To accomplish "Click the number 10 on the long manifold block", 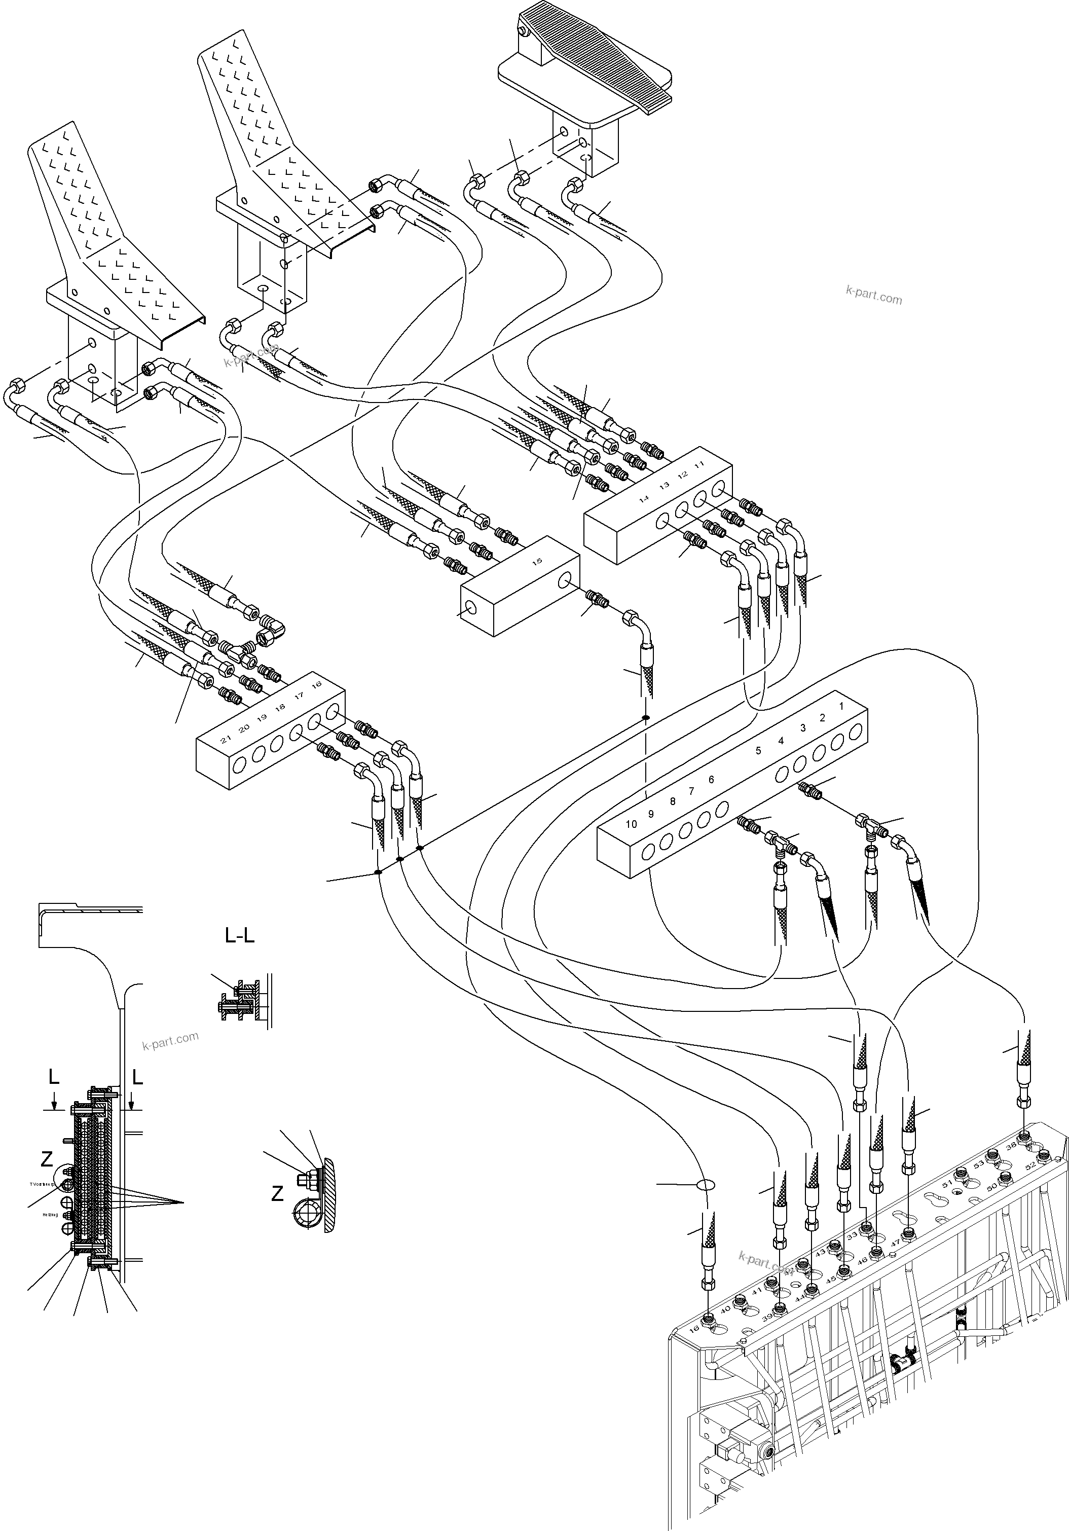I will tap(631, 824).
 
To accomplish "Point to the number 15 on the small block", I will tap(537, 562).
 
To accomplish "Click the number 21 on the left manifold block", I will tap(226, 740).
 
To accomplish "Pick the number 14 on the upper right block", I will tap(644, 497).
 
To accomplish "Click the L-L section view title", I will tap(239, 936).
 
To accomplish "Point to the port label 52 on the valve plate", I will tap(1029, 1165).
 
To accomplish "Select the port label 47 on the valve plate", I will tap(896, 1243).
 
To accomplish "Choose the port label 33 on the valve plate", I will tap(852, 1235).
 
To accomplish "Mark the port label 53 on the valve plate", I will tap(978, 1164).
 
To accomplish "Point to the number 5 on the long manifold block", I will tap(758, 751).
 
